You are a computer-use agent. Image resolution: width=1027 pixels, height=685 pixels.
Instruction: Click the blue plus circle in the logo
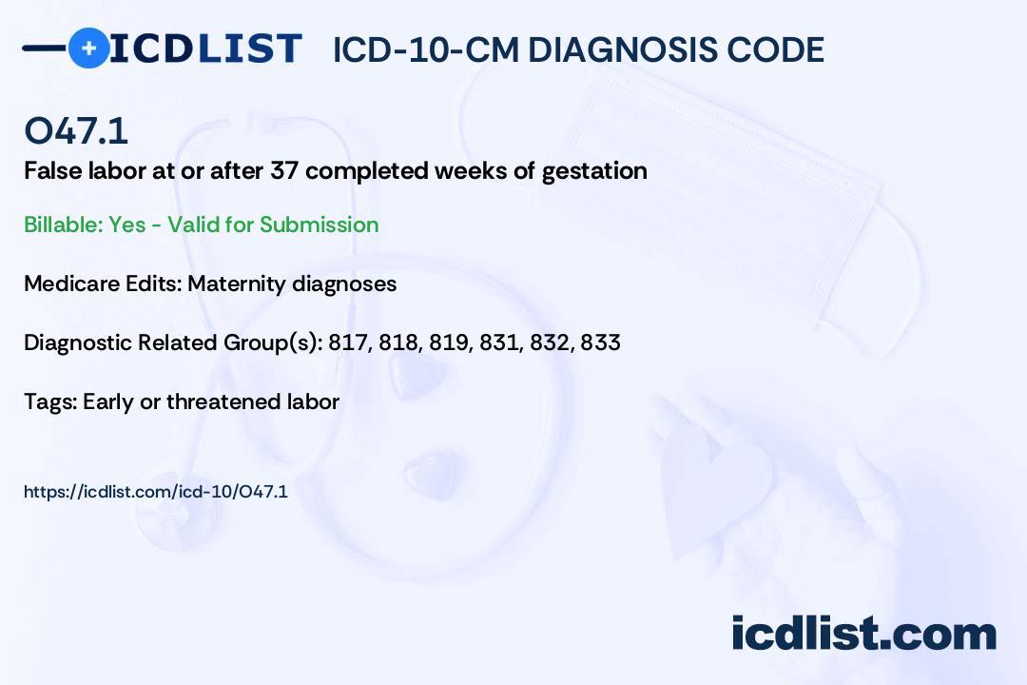click(x=88, y=48)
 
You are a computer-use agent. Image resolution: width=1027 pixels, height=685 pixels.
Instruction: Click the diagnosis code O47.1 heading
click(x=76, y=130)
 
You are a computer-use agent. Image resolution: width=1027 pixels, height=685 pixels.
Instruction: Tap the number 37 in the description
click(x=285, y=170)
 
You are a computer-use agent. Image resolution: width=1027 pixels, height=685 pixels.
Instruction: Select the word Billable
click(x=63, y=225)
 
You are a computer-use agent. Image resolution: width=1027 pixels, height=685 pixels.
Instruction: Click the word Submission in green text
click(x=319, y=225)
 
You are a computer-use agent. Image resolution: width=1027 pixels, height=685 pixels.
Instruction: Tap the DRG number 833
click(x=600, y=342)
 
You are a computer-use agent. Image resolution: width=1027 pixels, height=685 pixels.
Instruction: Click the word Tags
click(x=50, y=401)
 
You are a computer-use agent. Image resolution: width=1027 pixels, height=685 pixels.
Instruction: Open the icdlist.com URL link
click(x=156, y=492)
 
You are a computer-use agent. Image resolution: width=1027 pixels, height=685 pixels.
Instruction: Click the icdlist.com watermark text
click(x=863, y=634)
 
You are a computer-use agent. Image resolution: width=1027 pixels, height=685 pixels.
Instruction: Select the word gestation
click(x=594, y=172)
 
